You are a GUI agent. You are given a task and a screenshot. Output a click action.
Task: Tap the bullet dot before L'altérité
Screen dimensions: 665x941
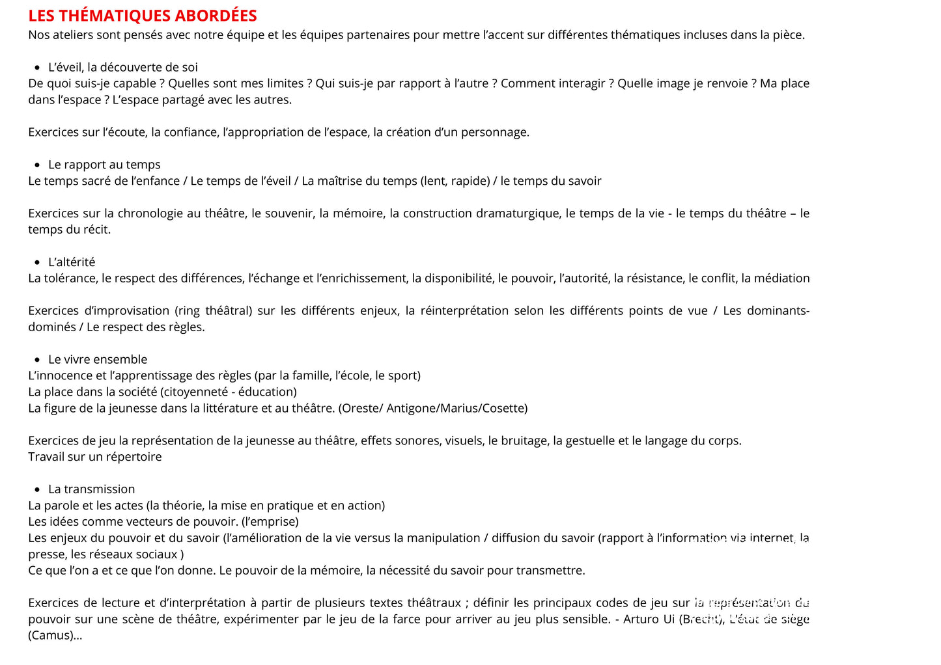click(37, 262)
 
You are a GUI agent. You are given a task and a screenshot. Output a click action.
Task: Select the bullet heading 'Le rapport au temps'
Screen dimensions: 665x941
click(104, 165)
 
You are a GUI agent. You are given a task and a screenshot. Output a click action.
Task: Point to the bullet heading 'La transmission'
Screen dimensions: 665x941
click(92, 489)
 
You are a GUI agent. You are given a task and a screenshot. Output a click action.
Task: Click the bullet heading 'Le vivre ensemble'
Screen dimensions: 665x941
click(98, 359)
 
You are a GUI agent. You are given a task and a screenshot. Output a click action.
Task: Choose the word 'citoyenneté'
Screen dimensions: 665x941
click(198, 392)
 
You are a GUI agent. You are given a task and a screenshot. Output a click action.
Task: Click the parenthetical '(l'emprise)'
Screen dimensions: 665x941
click(270, 522)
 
